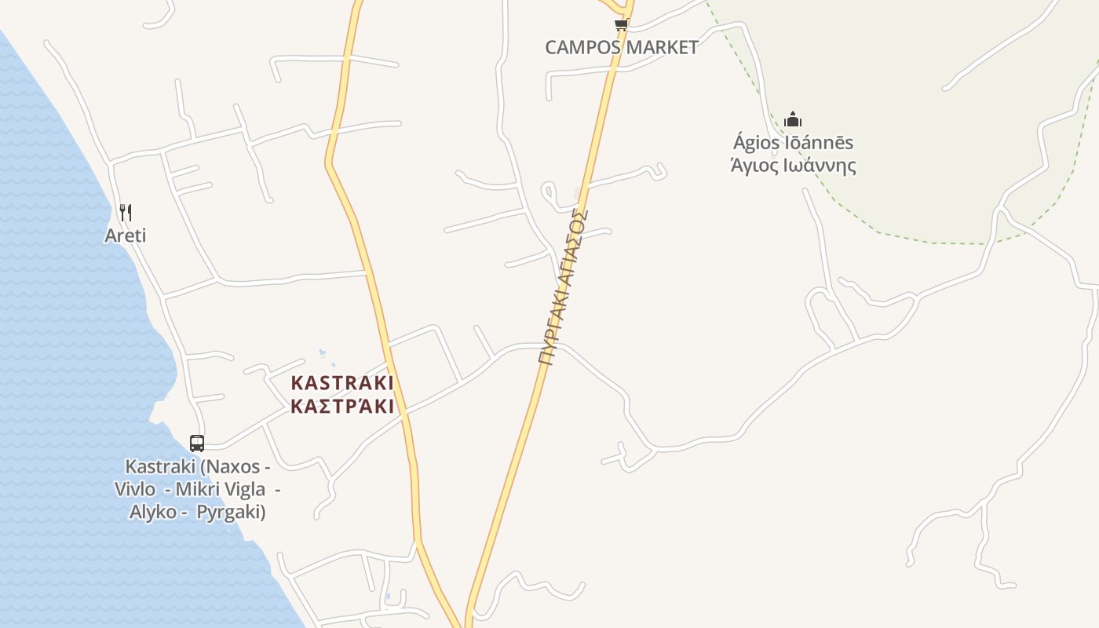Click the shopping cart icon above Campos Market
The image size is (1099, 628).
[x=621, y=25]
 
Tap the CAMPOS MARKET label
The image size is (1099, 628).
[x=622, y=47]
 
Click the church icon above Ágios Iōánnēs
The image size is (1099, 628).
[x=793, y=120]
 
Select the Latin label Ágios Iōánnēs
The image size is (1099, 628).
[x=793, y=143]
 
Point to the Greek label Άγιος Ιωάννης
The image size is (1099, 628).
[x=793, y=166]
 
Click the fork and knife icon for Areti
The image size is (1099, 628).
[x=126, y=212]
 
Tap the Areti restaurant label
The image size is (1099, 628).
[x=126, y=235]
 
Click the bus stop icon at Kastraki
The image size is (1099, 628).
[x=197, y=443]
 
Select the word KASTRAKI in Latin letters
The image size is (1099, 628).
[x=342, y=383]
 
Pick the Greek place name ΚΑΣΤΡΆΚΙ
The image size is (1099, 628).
[x=342, y=407]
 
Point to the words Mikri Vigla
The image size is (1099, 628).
[x=221, y=489]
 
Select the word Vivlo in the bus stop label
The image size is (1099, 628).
[x=135, y=489]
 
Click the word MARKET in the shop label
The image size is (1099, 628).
[x=659, y=47]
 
